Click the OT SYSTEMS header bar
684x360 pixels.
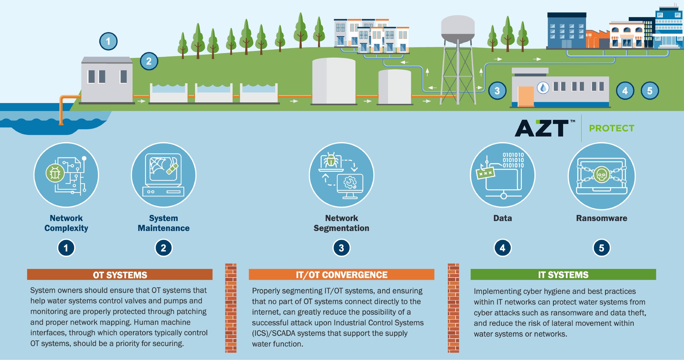120,275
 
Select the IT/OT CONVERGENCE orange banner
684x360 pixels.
341,275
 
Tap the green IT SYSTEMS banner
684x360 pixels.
563,275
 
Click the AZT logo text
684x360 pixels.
542,128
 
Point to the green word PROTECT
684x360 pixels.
612,128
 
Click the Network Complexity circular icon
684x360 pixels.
66,175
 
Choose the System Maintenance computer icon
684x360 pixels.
163,175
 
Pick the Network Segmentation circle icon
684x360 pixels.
341,175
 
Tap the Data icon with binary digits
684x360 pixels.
503,175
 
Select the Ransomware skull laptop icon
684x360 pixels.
601,176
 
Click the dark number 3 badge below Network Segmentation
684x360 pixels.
341,248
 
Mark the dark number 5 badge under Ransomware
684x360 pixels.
601,248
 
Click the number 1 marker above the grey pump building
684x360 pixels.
108,41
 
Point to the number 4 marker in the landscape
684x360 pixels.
625,91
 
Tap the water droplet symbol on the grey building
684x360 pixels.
543,88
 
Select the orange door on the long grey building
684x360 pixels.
526,96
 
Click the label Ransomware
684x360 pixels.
601,218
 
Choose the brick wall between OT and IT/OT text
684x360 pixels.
231,308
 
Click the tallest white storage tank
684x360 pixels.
334,81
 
